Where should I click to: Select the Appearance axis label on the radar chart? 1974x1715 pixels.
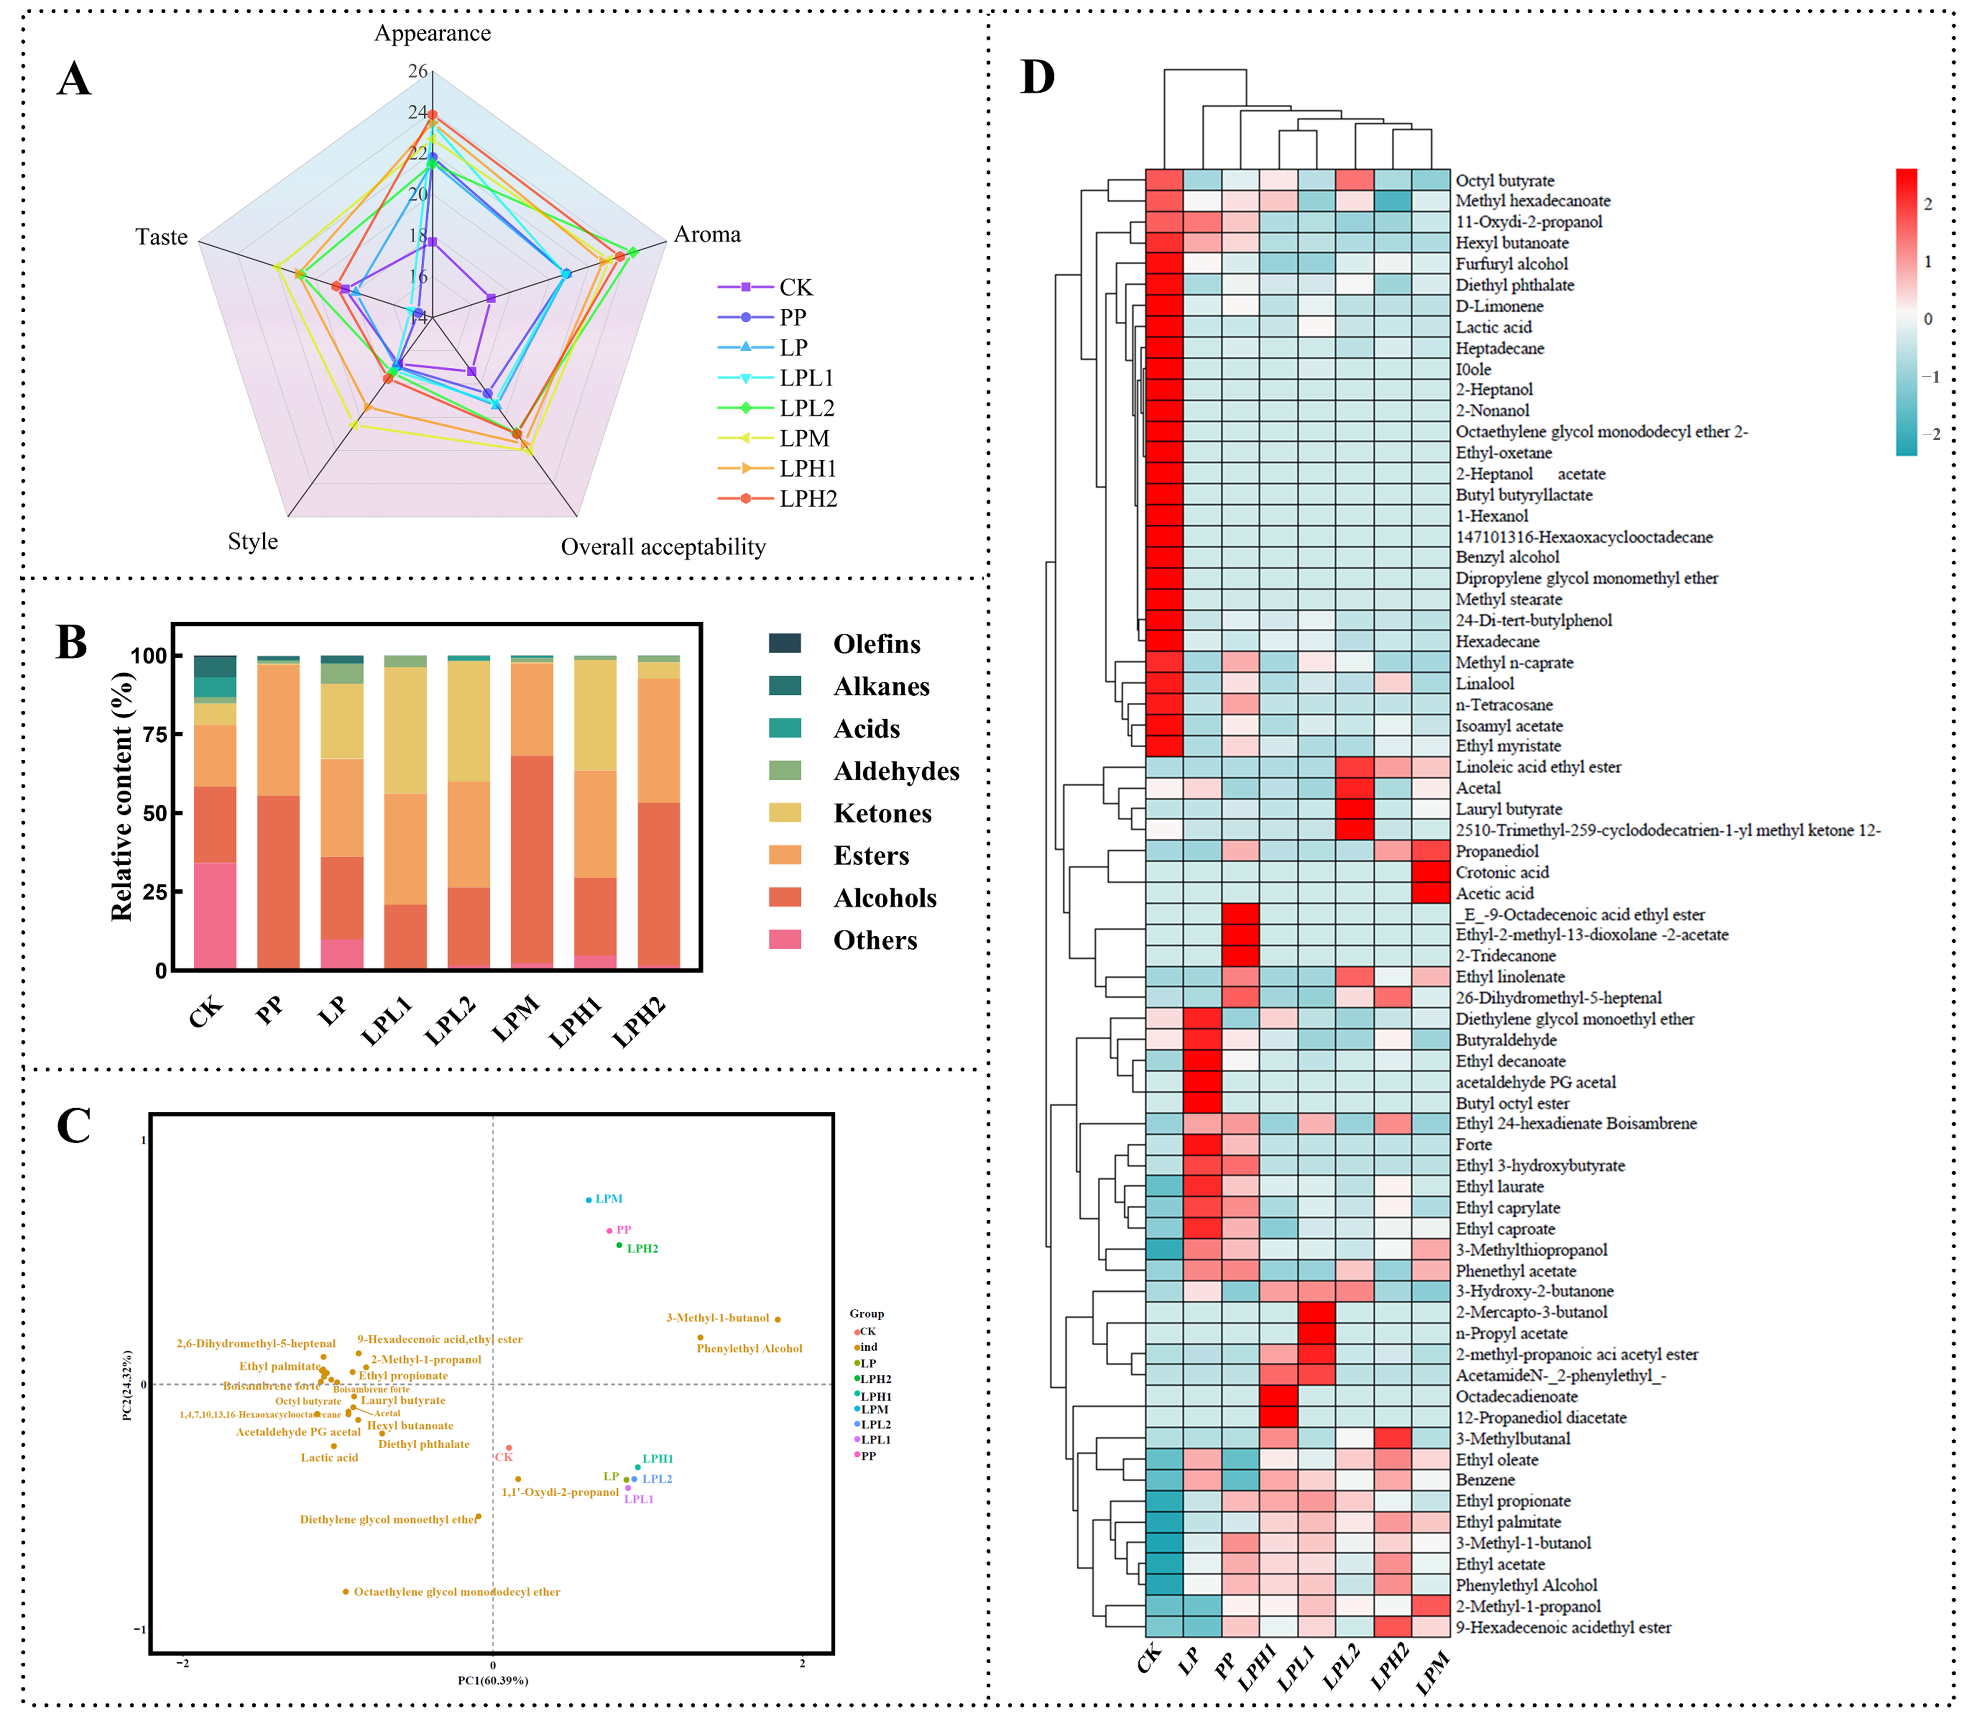[433, 34]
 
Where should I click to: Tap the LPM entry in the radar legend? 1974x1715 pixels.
[804, 438]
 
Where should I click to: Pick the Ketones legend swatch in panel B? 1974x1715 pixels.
[785, 812]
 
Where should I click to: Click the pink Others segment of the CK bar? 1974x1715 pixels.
[215, 916]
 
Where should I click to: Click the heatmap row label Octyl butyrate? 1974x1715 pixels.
[1504, 181]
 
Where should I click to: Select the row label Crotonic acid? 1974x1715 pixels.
[1501, 872]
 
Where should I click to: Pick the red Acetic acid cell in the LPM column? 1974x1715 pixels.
[1430, 893]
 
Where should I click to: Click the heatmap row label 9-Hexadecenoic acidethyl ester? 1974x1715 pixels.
[1563, 1627]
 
